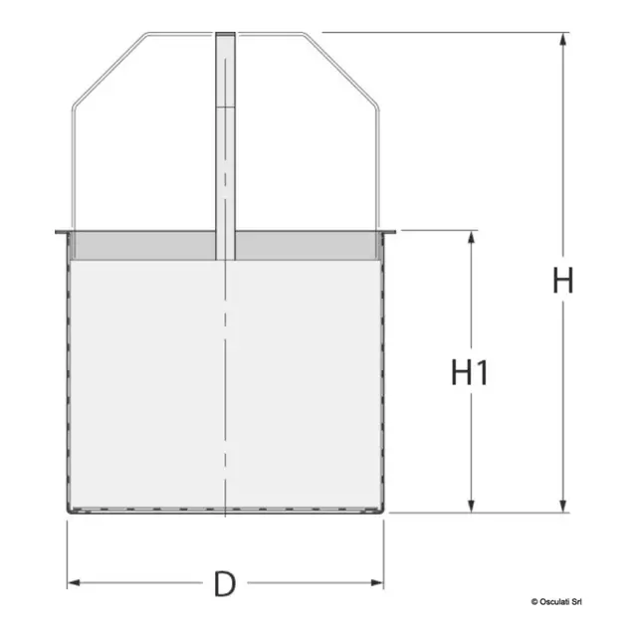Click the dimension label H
(x=563, y=281)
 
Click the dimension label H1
(x=470, y=373)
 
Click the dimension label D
(x=226, y=583)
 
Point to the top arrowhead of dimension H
(x=564, y=40)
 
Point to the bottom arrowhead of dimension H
(x=564, y=506)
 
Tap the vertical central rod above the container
(x=226, y=129)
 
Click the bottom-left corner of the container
(x=68, y=512)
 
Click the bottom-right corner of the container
(x=383, y=512)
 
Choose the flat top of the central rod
(x=226, y=34)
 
